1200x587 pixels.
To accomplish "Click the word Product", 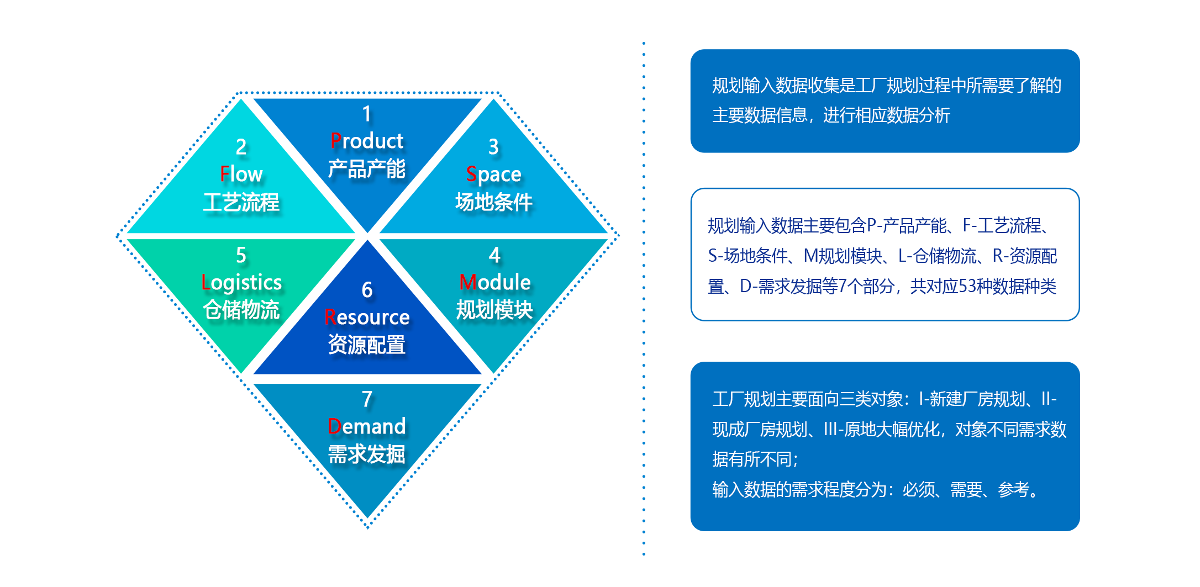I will (x=367, y=141).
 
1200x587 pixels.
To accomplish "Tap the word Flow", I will (x=241, y=174).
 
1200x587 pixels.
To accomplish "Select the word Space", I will (x=493, y=174).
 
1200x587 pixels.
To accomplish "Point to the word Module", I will (x=494, y=283).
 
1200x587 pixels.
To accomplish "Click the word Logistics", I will (x=241, y=283).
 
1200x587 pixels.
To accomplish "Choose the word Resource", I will (x=367, y=318).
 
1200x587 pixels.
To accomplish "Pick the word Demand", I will (x=367, y=427).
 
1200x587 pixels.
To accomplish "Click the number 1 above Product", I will (x=367, y=114).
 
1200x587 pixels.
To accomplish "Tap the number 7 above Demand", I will (x=367, y=399).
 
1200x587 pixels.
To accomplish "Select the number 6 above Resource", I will (x=367, y=290).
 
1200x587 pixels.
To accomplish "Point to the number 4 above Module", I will (x=494, y=255).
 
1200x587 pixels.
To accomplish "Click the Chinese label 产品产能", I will (x=367, y=169).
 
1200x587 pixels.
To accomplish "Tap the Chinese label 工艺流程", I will (x=241, y=202).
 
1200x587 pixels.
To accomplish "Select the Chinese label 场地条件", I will (x=493, y=202).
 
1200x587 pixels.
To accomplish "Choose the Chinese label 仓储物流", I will (x=241, y=310).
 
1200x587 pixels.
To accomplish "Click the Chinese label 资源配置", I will (x=367, y=345).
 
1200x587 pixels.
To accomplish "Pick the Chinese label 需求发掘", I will (x=367, y=454).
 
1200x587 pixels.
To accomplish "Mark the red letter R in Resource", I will (x=330, y=318).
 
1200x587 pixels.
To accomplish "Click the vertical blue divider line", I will (x=644, y=298).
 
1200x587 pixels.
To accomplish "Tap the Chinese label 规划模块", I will (x=494, y=310).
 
